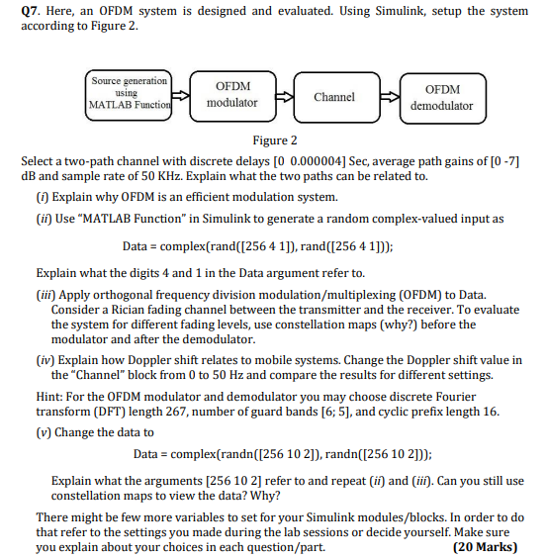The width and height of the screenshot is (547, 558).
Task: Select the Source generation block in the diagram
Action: click(130, 92)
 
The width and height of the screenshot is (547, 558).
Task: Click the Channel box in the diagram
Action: click(334, 97)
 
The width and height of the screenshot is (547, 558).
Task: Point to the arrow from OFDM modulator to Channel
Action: click(284, 97)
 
